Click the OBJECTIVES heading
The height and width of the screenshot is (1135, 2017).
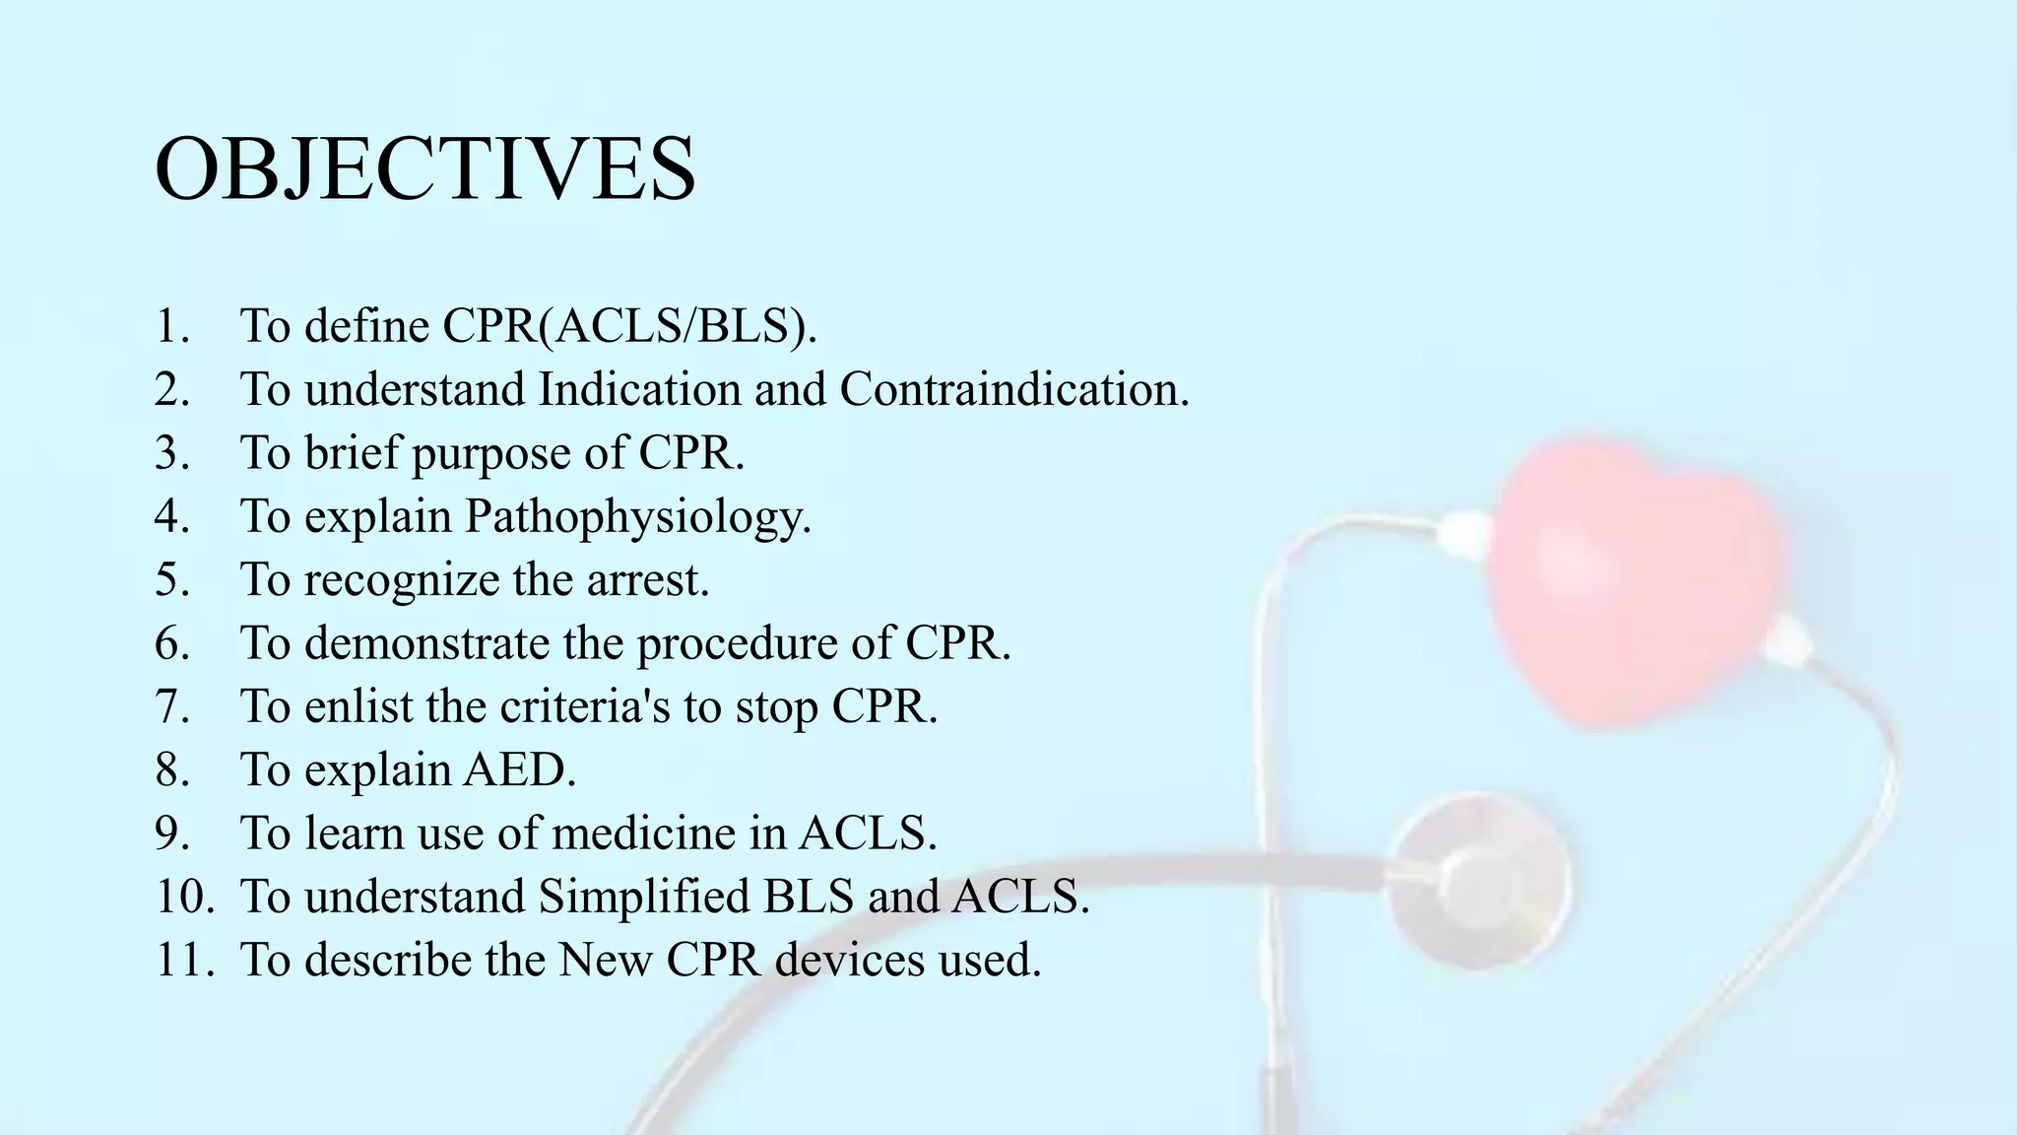425,169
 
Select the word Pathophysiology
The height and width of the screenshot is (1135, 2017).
638,516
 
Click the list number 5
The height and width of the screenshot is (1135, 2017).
172,579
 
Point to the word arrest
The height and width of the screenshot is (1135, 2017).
647,579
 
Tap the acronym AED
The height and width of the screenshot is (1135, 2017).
519,769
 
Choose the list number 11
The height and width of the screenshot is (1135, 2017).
184,960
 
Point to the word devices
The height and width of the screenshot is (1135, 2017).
850,960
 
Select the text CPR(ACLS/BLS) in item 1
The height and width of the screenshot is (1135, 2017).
629,326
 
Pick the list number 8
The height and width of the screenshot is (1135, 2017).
172,769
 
